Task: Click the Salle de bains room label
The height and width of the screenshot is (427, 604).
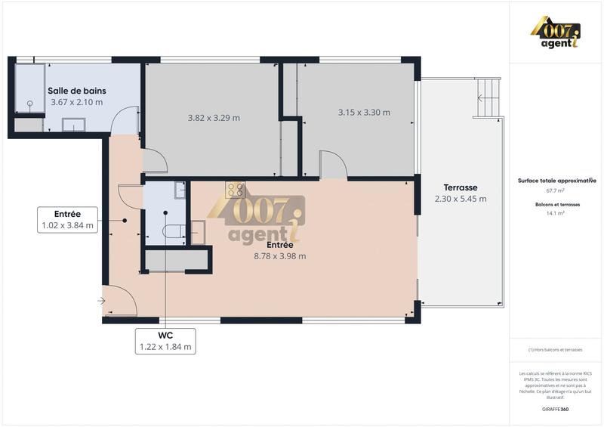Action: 75,90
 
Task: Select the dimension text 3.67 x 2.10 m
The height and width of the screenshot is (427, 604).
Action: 75,102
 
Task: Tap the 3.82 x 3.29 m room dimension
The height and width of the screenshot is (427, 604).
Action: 214,117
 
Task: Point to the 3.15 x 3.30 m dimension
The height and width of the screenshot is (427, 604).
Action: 364,113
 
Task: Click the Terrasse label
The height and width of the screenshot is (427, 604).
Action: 461,187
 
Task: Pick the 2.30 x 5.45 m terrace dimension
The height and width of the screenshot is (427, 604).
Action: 461,199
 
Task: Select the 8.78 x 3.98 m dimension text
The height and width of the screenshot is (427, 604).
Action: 280,255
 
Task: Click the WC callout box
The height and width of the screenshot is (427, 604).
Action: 165,341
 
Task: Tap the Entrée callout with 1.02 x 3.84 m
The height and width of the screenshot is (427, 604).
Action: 68,219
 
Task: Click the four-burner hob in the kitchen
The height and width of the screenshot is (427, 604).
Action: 236,190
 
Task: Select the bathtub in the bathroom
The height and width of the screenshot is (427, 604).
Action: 29,89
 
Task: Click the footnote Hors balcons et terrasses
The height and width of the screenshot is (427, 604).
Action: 556,349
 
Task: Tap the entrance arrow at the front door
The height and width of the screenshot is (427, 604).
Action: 101,301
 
